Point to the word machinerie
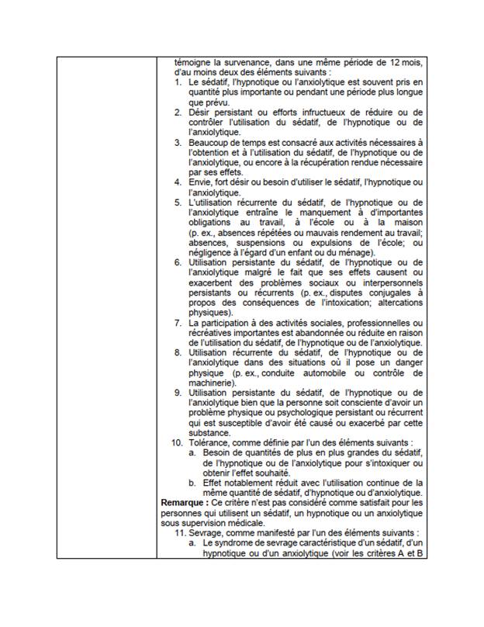pos(212,383)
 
